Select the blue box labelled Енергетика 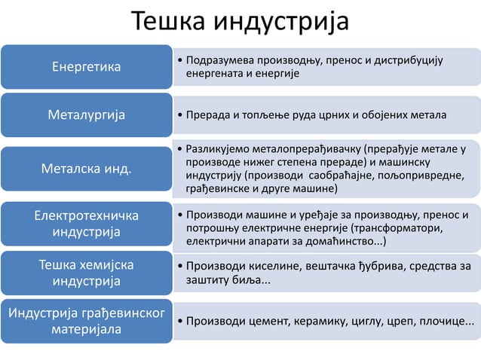coord(85,67)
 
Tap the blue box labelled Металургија coord(85,115)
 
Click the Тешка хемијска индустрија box coord(85,273)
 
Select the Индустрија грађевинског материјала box coord(85,322)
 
